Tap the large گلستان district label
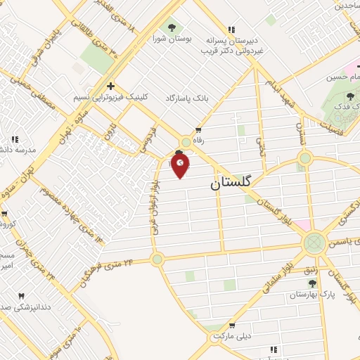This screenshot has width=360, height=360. [234, 183]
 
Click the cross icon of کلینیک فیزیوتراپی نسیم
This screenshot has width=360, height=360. [110, 86]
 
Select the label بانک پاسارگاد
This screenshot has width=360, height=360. [188, 97]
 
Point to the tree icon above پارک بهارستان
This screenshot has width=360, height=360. [311, 283]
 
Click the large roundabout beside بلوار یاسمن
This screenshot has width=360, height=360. [314, 243]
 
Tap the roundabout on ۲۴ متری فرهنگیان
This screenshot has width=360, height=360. [157, 259]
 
